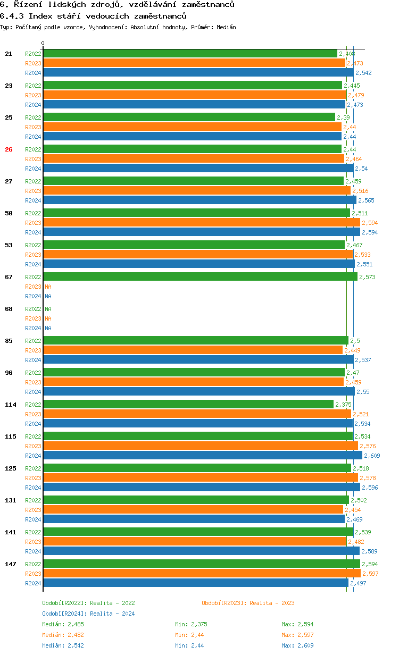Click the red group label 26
(x=9, y=149)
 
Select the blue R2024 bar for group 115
(x=203, y=455)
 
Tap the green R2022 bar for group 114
(x=188, y=404)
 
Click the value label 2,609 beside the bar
(x=372, y=456)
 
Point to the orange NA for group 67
(x=48, y=287)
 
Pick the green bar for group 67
(x=201, y=276)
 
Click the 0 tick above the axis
(x=43, y=43)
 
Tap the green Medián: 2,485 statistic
(x=63, y=624)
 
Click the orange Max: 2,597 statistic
(x=297, y=635)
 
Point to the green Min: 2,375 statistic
(x=191, y=624)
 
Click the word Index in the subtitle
(x=40, y=16)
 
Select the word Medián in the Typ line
(x=226, y=27)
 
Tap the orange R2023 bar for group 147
(x=202, y=573)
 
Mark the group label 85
(x=9, y=341)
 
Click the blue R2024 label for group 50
(x=33, y=232)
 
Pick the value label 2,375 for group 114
(x=343, y=405)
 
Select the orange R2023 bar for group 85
(x=193, y=350)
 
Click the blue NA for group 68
(x=48, y=328)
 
